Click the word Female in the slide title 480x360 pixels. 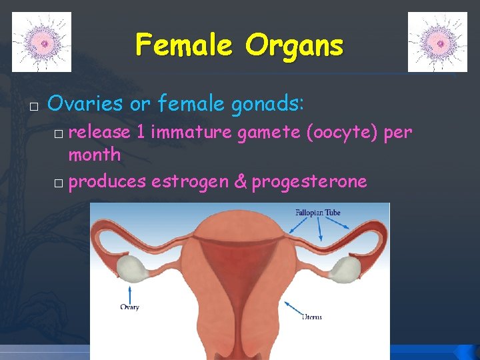click(x=185, y=45)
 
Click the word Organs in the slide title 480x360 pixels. click(x=294, y=45)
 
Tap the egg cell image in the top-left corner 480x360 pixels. click(x=41, y=42)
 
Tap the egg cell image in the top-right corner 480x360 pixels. click(x=437, y=42)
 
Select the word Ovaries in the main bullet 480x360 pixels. click(x=85, y=103)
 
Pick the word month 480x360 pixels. click(x=95, y=155)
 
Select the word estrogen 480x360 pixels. click(x=189, y=181)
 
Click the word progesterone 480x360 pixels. click(x=309, y=181)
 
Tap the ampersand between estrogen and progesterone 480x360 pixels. click(x=240, y=181)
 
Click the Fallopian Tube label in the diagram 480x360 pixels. click(x=318, y=213)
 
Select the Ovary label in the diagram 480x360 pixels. click(x=129, y=307)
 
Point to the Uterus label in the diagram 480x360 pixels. click(x=311, y=317)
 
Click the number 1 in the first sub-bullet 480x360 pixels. click(x=141, y=133)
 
